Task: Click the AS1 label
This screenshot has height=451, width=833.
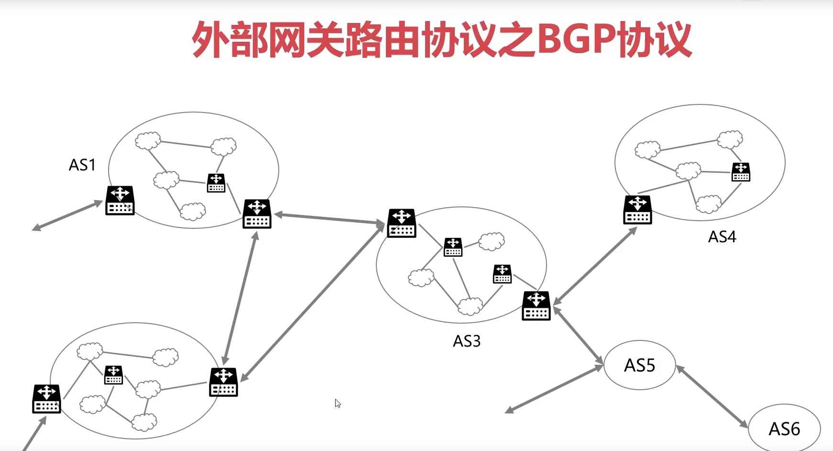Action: pos(82,165)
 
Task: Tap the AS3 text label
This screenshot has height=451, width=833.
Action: pos(467,341)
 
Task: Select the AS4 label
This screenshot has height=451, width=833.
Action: pos(722,237)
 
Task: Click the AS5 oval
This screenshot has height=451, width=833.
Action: pos(640,366)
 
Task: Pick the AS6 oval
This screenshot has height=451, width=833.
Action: pos(784,429)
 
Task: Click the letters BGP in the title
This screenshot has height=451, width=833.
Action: pos(576,39)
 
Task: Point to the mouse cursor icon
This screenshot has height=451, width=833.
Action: pos(338,403)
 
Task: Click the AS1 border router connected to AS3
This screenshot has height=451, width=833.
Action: pos(257,214)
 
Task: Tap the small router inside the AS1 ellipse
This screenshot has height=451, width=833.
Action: pos(216,183)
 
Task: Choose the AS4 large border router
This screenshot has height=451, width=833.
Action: pos(637,210)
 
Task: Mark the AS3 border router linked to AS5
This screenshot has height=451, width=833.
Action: pos(536,306)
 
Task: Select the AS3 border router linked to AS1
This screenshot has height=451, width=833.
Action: pos(402,223)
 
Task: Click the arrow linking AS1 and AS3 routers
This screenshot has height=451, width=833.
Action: pos(329,218)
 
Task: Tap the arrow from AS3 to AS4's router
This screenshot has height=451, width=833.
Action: pos(595,266)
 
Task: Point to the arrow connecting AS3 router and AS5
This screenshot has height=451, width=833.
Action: pos(578,335)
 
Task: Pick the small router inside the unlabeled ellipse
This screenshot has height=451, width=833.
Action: pos(113,375)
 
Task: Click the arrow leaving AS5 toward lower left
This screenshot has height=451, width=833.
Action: pos(555,388)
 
